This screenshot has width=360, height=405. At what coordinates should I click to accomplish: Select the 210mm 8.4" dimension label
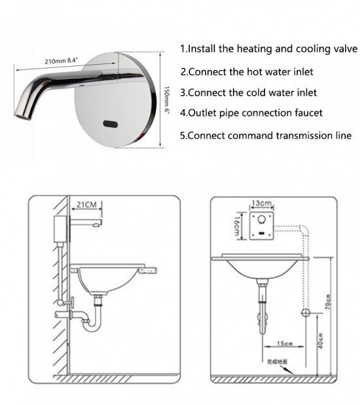62,61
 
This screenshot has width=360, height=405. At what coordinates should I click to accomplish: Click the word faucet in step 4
307,113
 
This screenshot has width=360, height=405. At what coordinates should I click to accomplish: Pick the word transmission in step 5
302,136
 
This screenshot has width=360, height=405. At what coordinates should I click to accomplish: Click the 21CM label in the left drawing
86,205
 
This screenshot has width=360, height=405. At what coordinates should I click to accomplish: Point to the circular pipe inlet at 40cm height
305,313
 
